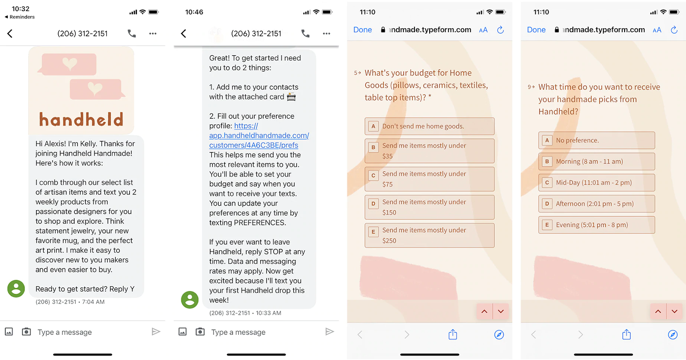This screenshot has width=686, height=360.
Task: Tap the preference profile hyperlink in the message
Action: coord(259,135)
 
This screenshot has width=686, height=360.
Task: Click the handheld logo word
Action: coord(81,120)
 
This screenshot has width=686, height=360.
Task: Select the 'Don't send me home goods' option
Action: coord(429,126)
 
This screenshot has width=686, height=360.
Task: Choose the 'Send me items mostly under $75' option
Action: coord(429,179)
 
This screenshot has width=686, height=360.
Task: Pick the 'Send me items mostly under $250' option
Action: coord(429,235)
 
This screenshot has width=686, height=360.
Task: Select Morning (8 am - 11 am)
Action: coord(596,161)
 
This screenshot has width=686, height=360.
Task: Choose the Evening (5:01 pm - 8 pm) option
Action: coord(596,225)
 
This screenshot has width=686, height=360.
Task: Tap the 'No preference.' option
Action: coord(596,140)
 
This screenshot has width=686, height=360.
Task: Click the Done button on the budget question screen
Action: coord(363,30)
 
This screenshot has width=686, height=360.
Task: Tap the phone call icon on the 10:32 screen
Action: coord(132,33)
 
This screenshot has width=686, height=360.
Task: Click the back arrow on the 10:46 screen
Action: coord(184,33)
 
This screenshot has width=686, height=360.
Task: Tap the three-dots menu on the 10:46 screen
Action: coord(326,33)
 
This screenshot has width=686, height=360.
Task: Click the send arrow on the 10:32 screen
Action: coord(156,332)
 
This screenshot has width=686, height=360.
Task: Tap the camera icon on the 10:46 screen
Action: coord(200,332)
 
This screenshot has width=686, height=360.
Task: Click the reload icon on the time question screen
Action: coord(674,30)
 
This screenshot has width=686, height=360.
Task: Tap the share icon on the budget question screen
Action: coord(453,334)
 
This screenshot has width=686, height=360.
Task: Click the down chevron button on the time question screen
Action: coord(674,311)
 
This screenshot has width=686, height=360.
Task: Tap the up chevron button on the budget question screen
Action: coord(484,311)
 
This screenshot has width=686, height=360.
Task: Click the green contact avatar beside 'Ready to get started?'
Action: coord(16,288)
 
